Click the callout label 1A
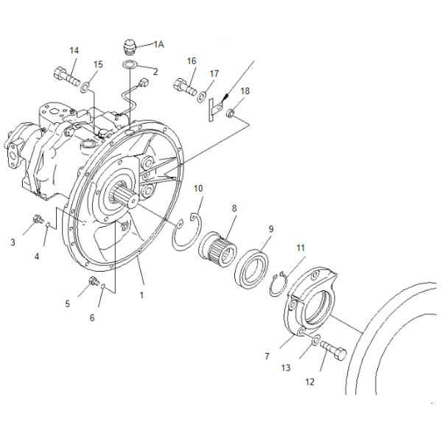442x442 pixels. tap(158, 44)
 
